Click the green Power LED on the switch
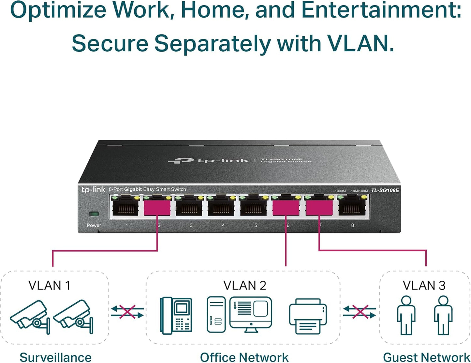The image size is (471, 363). (x=94, y=214)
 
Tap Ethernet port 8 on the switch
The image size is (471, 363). (x=352, y=207)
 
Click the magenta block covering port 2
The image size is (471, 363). (x=157, y=208)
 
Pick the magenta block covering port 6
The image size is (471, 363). (x=286, y=208)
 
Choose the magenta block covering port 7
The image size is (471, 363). (x=319, y=208)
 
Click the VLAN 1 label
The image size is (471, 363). (x=49, y=286)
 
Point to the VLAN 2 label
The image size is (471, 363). (x=244, y=286)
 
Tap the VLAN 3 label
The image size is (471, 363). (x=424, y=286)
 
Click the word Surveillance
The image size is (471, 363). (x=55, y=357)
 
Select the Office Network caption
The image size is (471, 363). (x=244, y=357)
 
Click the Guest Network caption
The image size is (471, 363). (x=426, y=357)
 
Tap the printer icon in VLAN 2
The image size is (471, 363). (x=308, y=316)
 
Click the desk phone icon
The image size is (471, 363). (x=176, y=315)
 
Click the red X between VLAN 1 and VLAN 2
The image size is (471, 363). (x=127, y=311)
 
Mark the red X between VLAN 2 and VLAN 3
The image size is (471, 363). (x=360, y=311)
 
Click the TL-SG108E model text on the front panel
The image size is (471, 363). (x=385, y=190)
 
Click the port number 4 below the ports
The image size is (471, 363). (x=223, y=225)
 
